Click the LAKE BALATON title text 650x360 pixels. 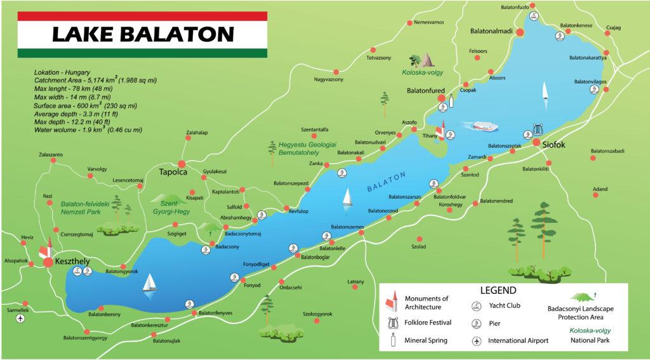tap(143, 33)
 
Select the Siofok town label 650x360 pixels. tap(554, 144)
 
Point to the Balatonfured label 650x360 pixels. tap(426, 91)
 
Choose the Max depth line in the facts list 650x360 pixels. tap(74, 121)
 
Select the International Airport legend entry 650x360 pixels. tap(517, 341)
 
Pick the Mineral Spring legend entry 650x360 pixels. tap(426, 341)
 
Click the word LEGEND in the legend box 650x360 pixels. tap(498, 290)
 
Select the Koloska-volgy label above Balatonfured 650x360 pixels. tap(427, 72)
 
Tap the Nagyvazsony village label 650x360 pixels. tap(329, 80)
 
